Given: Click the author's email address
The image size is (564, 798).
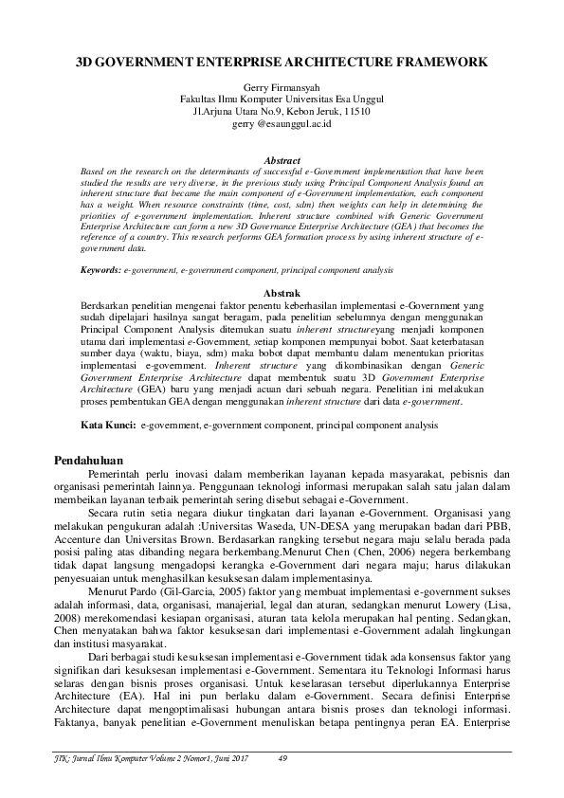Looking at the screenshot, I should [282, 123].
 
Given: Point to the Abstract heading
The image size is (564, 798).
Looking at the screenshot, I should [282, 161].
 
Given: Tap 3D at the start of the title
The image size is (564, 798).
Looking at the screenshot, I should [86, 62].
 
